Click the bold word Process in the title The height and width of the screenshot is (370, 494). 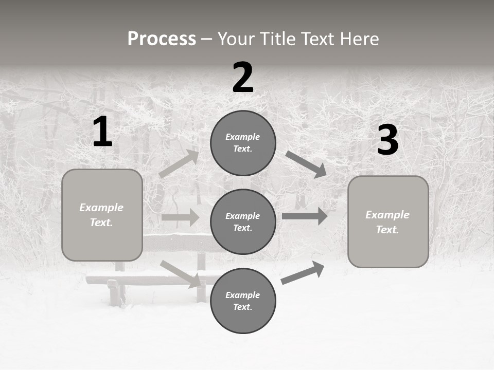(x=162, y=39)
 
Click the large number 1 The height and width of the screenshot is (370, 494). (x=102, y=132)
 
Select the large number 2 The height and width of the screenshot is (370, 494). (x=243, y=78)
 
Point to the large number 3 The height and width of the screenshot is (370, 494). (x=387, y=140)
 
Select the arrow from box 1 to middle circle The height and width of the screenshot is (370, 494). (x=180, y=217)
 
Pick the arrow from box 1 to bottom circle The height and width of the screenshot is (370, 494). (x=180, y=273)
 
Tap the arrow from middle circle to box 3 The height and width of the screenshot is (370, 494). (x=305, y=216)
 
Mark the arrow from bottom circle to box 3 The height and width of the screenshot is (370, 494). (x=303, y=273)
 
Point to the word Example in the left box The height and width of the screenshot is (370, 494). (x=101, y=208)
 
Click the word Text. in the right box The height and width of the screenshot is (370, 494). (x=387, y=230)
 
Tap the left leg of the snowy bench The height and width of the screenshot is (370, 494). (x=114, y=293)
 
